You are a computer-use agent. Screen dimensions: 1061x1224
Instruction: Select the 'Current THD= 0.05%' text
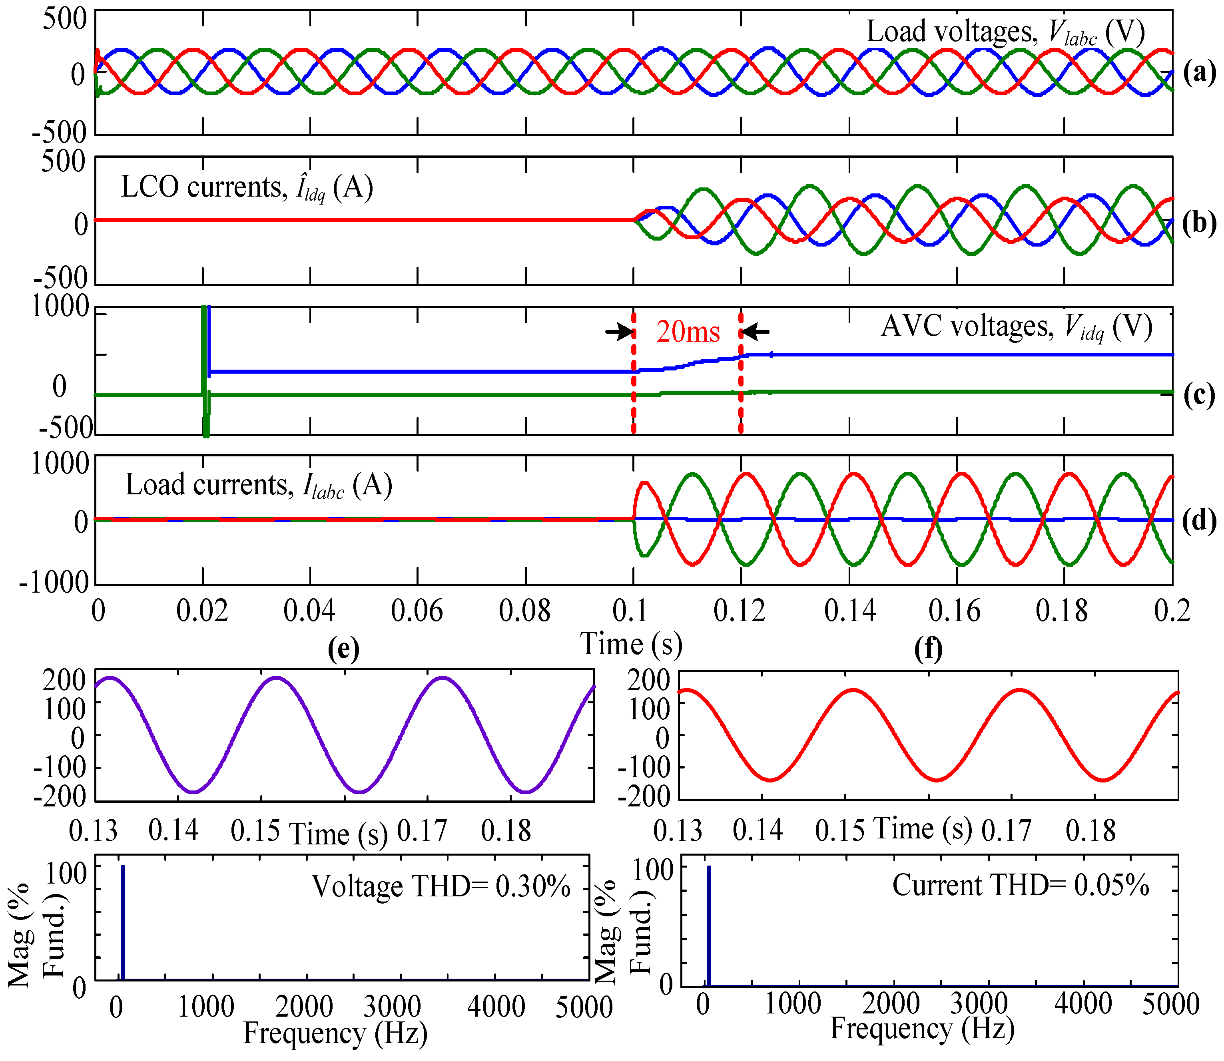pos(1020,885)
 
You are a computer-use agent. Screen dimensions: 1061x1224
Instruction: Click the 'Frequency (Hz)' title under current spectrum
pos(922,1029)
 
